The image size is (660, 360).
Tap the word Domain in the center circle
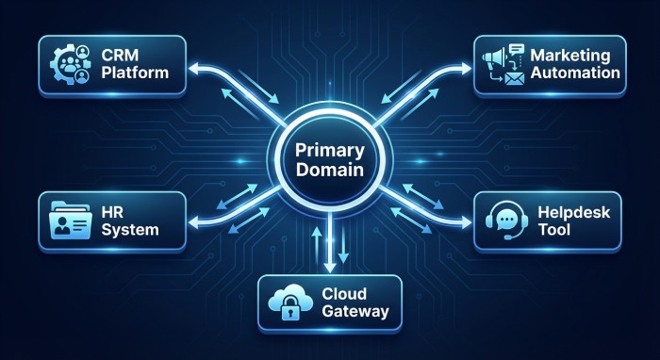pos(330,172)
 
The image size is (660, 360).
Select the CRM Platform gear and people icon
pos(73,63)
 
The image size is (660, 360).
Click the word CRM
pos(119,55)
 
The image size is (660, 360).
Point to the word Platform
pos(136,73)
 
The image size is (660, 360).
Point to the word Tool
pos(553,231)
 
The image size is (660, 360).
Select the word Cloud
pos(343,292)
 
